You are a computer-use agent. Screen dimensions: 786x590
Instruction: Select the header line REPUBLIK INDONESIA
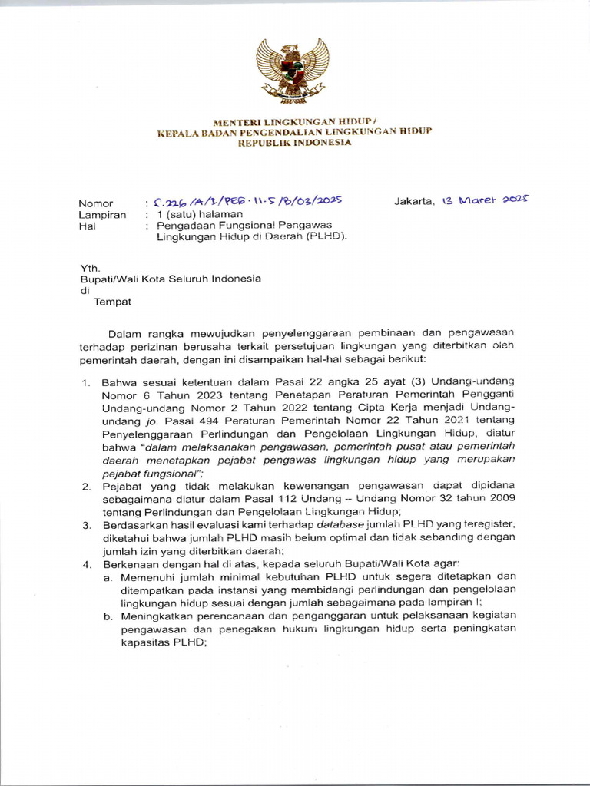294,143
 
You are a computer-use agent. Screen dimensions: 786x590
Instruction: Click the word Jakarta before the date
413,202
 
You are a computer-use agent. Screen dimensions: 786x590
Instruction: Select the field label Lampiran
102,215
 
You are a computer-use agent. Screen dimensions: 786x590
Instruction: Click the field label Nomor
96,203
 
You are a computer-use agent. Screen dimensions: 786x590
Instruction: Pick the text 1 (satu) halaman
200,214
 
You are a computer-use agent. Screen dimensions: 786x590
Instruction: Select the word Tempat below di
112,302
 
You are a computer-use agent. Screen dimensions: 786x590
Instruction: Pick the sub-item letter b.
108,616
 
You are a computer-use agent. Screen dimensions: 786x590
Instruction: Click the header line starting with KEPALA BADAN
294,132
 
